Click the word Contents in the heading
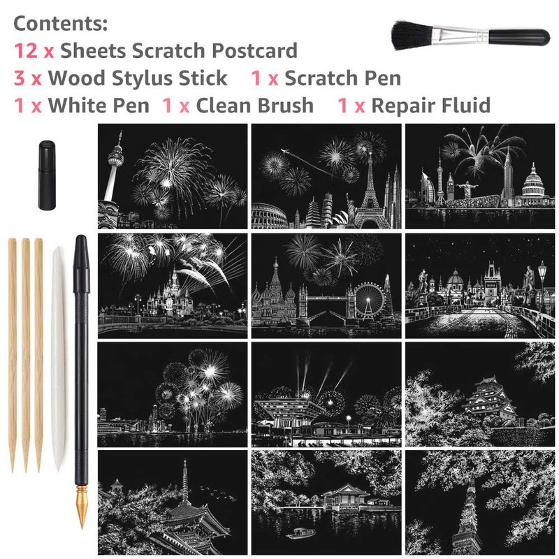coord(61,24)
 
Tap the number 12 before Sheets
coord(26,50)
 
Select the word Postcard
coord(254,50)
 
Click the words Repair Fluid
coord(430,106)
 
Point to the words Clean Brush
coord(254,106)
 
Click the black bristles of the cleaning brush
coord(414,34)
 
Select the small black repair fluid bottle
coord(47,175)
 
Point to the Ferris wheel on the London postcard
coord(368,300)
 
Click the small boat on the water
coord(300,533)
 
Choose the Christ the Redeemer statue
coord(465,189)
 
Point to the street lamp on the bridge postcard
coord(542,286)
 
